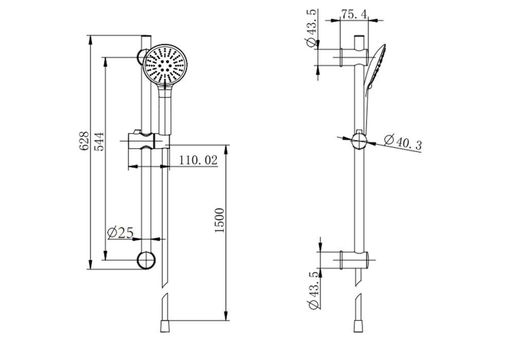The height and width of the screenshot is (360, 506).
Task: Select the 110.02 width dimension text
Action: click(x=198, y=160)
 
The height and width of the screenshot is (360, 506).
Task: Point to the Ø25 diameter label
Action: click(x=120, y=233)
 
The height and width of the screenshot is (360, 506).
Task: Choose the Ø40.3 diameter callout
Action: click(x=403, y=142)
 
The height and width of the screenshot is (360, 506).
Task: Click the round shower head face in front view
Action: click(x=166, y=65)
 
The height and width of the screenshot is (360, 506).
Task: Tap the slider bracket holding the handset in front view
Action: click(x=147, y=140)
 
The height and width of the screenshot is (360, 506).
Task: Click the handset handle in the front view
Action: click(x=166, y=111)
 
